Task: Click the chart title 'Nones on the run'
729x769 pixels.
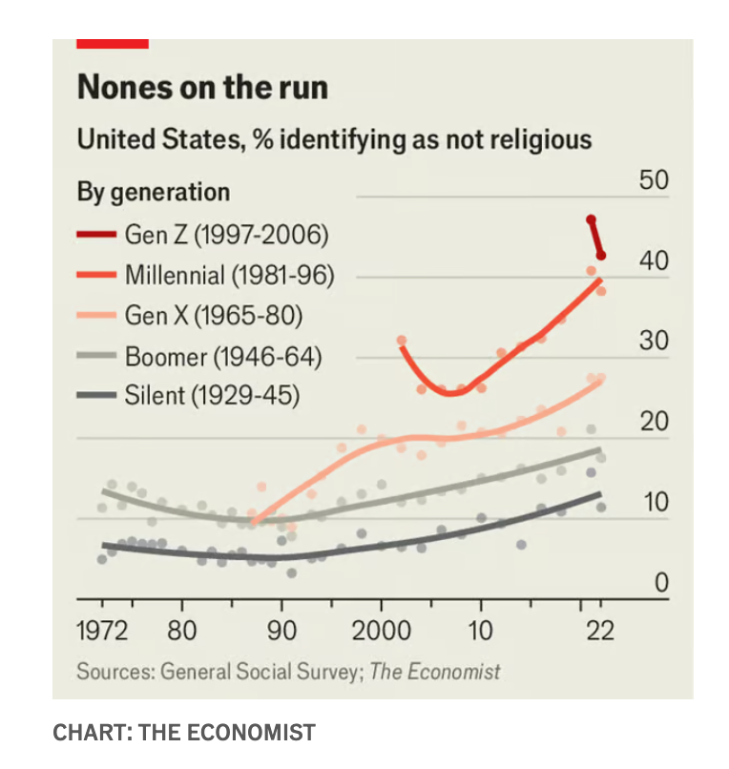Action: [202, 87]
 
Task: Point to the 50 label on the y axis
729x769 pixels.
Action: [654, 180]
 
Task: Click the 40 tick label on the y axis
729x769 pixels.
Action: [654, 260]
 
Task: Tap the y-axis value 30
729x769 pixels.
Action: [654, 341]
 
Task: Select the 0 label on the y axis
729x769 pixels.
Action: [661, 583]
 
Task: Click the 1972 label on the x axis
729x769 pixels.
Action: [102, 631]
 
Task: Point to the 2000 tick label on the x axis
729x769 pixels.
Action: [381, 631]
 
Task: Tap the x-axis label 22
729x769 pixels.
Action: [600, 631]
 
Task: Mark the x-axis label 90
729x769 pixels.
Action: [281, 631]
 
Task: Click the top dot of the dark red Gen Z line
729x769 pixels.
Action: [592, 219]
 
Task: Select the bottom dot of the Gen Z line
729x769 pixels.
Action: [601, 255]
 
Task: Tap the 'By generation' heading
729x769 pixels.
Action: [154, 193]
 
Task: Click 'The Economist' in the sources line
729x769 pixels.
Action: [435, 672]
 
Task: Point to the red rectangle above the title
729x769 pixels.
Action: [113, 44]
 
